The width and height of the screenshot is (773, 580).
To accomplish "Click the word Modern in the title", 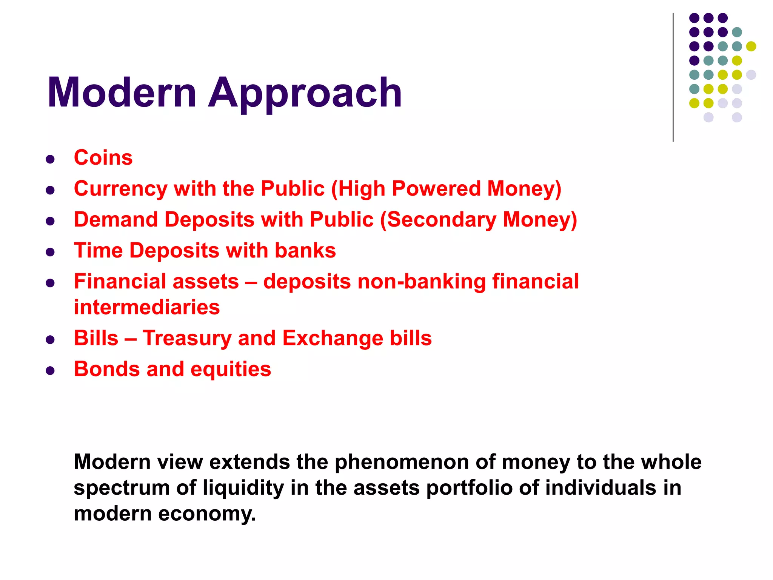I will pyautogui.click(x=122, y=93).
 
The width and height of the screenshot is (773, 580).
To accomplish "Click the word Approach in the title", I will pyautogui.click(x=305, y=93).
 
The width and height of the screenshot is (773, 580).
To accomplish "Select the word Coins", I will pyautogui.click(x=103, y=157).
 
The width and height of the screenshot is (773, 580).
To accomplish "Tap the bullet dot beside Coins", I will pyautogui.click(x=50, y=159).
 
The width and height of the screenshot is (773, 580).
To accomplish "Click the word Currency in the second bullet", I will pyautogui.click(x=120, y=188).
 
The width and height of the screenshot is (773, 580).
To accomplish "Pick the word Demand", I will pyautogui.click(x=115, y=219).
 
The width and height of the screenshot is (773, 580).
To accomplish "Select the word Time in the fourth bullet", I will pyautogui.click(x=98, y=250).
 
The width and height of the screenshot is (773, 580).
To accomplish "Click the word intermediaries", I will pyautogui.click(x=146, y=307).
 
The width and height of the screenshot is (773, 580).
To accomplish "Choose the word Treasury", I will pyautogui.click(x=187, y=338).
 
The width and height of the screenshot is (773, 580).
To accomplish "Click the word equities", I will pyautogui.click(x=231, y=369).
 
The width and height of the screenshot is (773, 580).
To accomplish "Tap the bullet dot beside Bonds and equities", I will pyautogui.click(x=50, y=370).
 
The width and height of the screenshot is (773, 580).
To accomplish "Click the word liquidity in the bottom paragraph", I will pyautogui.click(x=243, y=487).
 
